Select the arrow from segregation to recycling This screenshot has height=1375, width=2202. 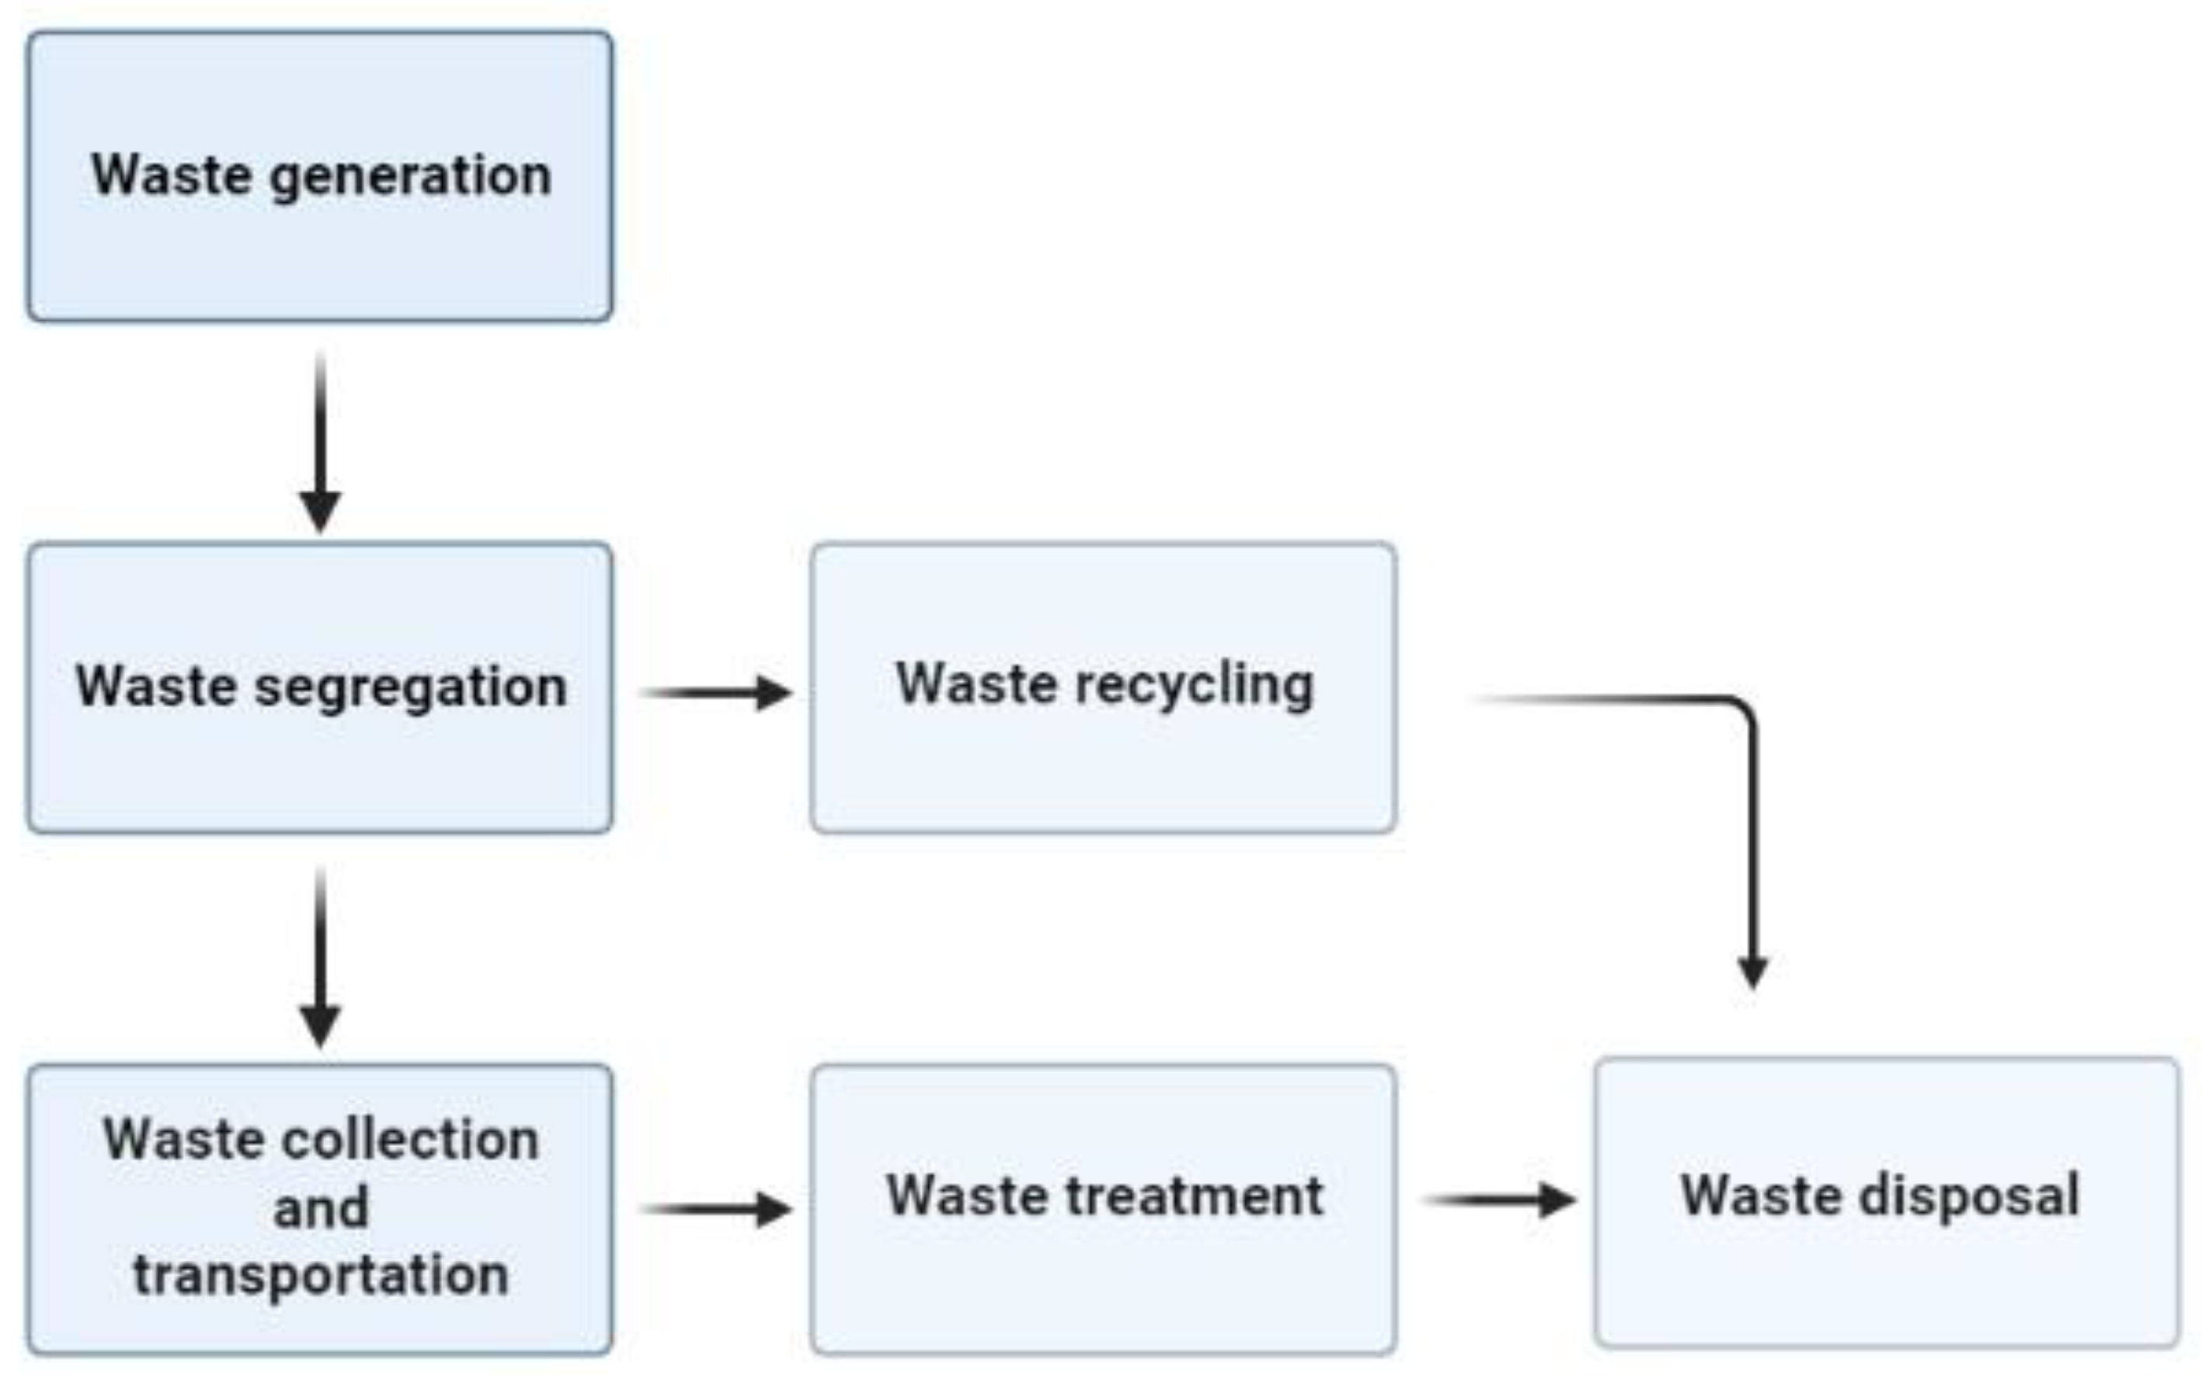coord(718,693)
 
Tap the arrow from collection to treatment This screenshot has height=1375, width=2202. coord(718,1210)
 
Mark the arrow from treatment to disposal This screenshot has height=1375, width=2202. coord(1500,1200)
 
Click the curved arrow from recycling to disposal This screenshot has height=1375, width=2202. coord(1750,819)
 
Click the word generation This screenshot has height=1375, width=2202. coord(411,176)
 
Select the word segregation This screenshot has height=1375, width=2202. coord(411,688)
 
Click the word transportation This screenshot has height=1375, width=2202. coord(320,1275)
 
